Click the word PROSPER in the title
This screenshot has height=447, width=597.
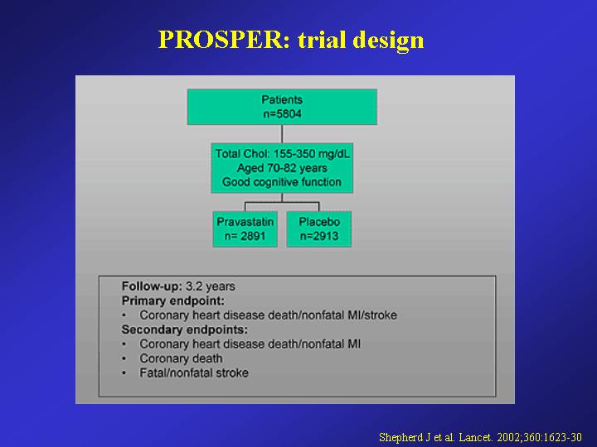(224, 40)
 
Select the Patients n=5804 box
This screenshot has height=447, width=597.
(282, 107)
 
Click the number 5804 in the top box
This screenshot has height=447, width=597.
(287, 113)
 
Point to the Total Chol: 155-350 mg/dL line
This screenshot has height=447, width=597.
(282, 154)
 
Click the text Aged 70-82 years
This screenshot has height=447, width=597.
(282, 168)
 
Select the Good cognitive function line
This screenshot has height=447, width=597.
(282, 182)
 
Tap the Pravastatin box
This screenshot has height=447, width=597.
(245, 228)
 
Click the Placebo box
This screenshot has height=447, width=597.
(319, 228)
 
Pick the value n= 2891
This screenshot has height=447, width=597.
(245, 236)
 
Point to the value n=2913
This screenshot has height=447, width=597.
(319, 236)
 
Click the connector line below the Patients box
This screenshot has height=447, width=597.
(282, 134)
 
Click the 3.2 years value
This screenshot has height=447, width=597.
(211, 286)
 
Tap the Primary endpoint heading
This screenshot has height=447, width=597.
(172, 301)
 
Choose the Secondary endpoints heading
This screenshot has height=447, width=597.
(184, 329)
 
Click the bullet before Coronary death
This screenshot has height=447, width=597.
(124, 358)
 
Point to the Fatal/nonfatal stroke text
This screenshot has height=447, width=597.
(194, 372)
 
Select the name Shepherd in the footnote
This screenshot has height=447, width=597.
(401, 438)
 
